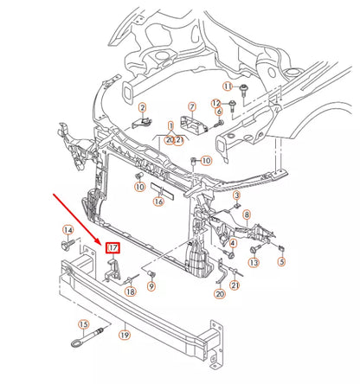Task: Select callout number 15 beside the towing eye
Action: (x=84, y=325)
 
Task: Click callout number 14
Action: (x=68, y=229)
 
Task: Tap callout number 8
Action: (x=247, y=214)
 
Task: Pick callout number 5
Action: (x=281, y=259)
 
